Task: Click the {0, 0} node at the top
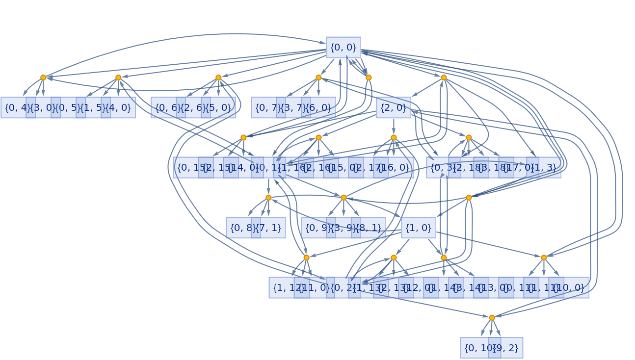click(x=344, y=48)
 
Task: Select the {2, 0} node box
click(x=394, y=108)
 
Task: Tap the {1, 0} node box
click(x=419, y=228)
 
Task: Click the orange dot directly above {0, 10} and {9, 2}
click(x=492, y=318)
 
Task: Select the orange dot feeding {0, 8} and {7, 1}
click(x=268, y=198)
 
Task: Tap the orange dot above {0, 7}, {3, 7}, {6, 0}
click(x=318, y=77)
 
